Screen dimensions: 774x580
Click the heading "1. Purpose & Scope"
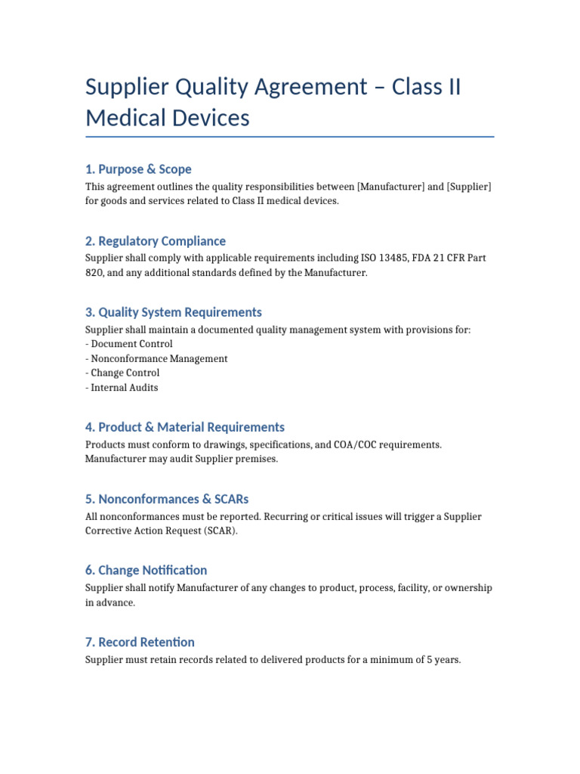[x=138, y=169]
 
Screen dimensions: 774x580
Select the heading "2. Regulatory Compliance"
[x=155, y=241]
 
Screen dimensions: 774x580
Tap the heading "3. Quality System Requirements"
[x=173, y=312]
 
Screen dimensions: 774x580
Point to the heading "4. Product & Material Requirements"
[x=184, y=427]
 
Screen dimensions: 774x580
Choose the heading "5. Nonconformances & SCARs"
[x=167, y=499]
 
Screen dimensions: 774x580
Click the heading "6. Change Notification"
[x=146, y=570]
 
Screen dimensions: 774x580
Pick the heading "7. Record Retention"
[x=140, y=642]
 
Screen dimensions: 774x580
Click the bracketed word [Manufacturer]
[x=390, y=187]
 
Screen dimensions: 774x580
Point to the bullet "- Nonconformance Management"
[x=156, y=359]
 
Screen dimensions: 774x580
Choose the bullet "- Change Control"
[x=122, y=373]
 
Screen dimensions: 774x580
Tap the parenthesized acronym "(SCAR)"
[x=221, y=531]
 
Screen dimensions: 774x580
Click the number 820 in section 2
[x=94, y=273]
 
